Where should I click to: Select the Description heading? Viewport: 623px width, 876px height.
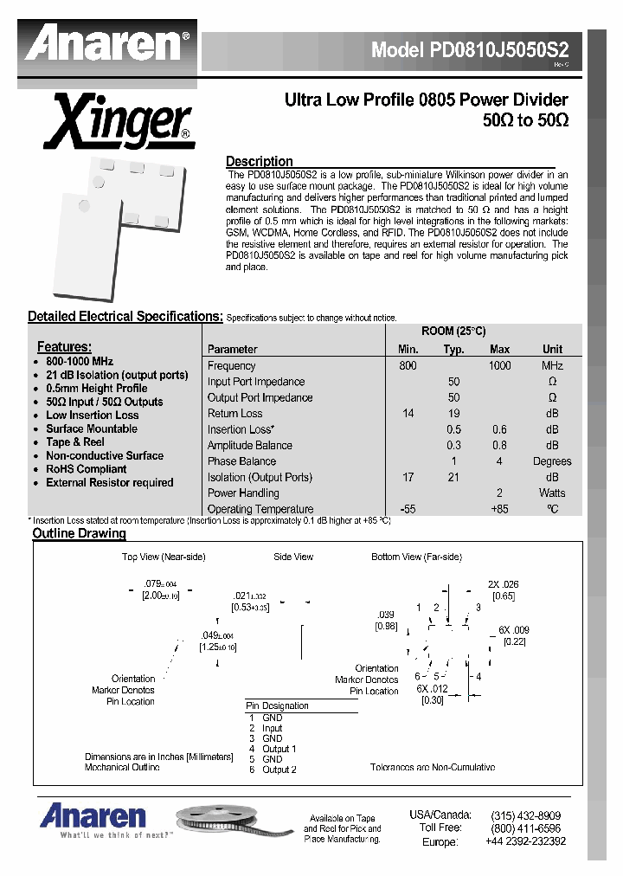point(259,161)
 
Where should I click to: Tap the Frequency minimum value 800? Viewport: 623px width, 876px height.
point(408,366)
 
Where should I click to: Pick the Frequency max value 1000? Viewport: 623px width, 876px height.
point(499,366)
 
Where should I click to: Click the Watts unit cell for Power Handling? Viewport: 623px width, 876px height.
point(552,493)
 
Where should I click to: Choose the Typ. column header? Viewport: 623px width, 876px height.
point(453,350)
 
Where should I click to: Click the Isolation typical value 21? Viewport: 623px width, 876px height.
point(453,478)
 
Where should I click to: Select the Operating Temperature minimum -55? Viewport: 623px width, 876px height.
point(408,510)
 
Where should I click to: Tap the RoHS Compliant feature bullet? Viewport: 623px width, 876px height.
point(86,469)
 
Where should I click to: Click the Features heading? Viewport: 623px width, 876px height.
point(64,347)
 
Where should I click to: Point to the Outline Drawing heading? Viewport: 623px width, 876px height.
point(79,534)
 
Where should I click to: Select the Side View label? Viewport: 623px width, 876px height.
point(293,557)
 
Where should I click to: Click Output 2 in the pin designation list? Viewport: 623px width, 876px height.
point(279,770)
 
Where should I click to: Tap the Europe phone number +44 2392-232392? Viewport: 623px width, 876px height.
point(525,841)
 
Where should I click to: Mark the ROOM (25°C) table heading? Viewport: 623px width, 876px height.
point(453,332)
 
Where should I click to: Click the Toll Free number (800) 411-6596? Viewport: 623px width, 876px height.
point(525,828)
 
